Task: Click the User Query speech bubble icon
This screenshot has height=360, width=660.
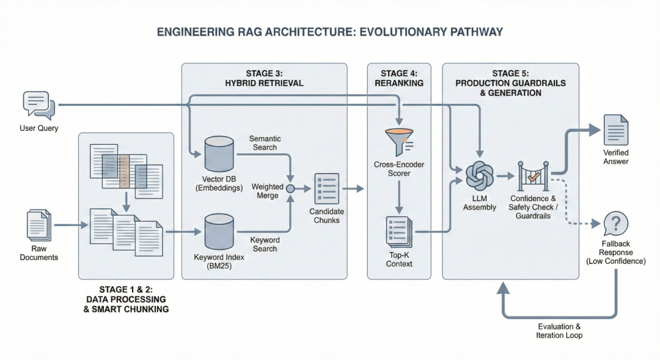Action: (x=38, y=105)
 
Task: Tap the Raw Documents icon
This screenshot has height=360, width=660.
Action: (x=39, y=225)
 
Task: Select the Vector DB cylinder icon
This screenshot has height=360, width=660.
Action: (x=218, y=153)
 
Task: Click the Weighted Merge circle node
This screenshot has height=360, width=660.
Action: (x=290, y=188)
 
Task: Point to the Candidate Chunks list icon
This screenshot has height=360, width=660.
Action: (x=326, y=188)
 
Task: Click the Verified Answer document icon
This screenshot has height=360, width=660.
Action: (x=615, y=130)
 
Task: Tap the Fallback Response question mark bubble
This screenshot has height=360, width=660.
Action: (x=615, y=224)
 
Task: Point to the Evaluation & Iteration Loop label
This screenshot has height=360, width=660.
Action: (x=559, y=331)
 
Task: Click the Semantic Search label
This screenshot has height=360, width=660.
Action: (x=265, y=143)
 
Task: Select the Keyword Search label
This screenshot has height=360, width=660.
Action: (x=265, y=244)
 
